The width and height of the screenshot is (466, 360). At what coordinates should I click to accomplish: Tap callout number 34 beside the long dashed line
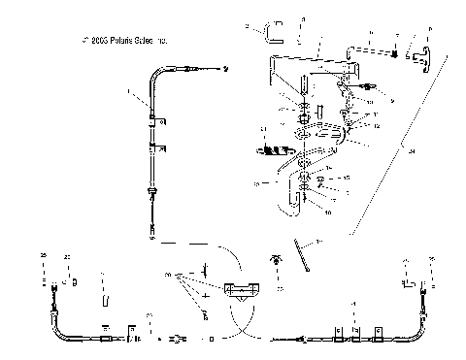coord(412,150)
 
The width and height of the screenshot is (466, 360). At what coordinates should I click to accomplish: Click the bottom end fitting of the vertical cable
coord(153,229)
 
